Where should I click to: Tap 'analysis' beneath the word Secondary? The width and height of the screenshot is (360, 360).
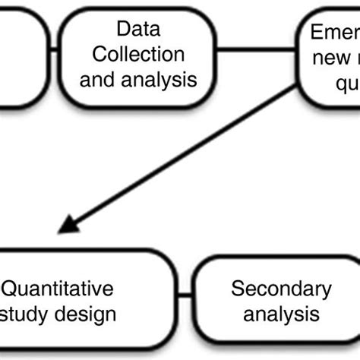pos(280,312)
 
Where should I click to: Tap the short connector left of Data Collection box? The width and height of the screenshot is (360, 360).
pos(54,53)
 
